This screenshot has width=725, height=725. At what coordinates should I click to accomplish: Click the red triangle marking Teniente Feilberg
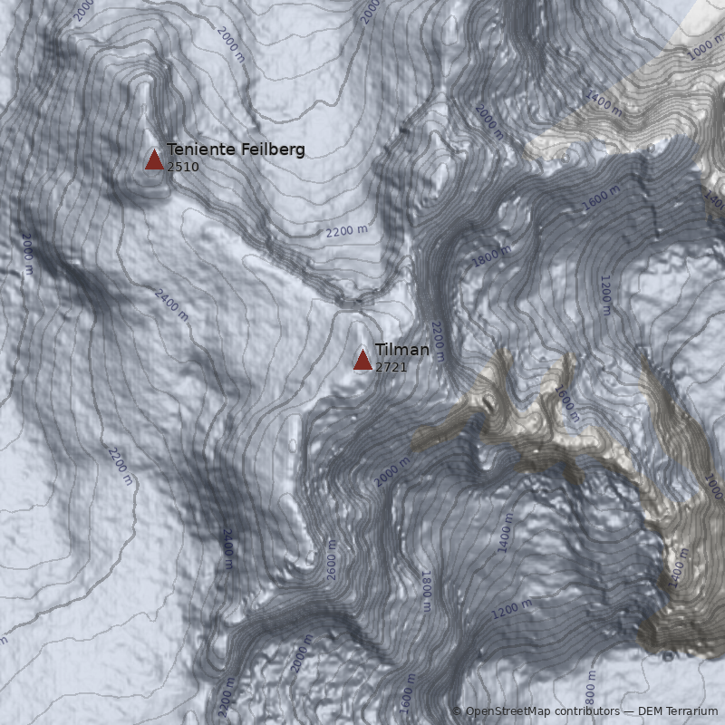pos(154,160)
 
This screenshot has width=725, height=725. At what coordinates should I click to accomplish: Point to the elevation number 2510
pos(183,167)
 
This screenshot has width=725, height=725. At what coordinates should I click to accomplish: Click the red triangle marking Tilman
pos(362,361)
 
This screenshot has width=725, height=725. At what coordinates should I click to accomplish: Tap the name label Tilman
pos(402,350)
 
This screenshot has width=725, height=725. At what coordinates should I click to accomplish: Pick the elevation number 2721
pos(391,367)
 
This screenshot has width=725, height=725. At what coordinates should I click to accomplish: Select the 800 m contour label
pos(591,691)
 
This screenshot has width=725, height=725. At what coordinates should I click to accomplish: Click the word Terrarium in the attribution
pos(692,711)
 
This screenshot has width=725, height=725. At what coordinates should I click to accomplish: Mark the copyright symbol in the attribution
pos(457,711)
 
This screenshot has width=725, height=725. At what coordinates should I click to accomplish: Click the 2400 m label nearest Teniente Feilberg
pos(171,304)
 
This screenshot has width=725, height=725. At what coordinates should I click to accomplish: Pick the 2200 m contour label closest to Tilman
pos(438,341)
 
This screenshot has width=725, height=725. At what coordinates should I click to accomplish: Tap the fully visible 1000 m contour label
pos(705,47)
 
